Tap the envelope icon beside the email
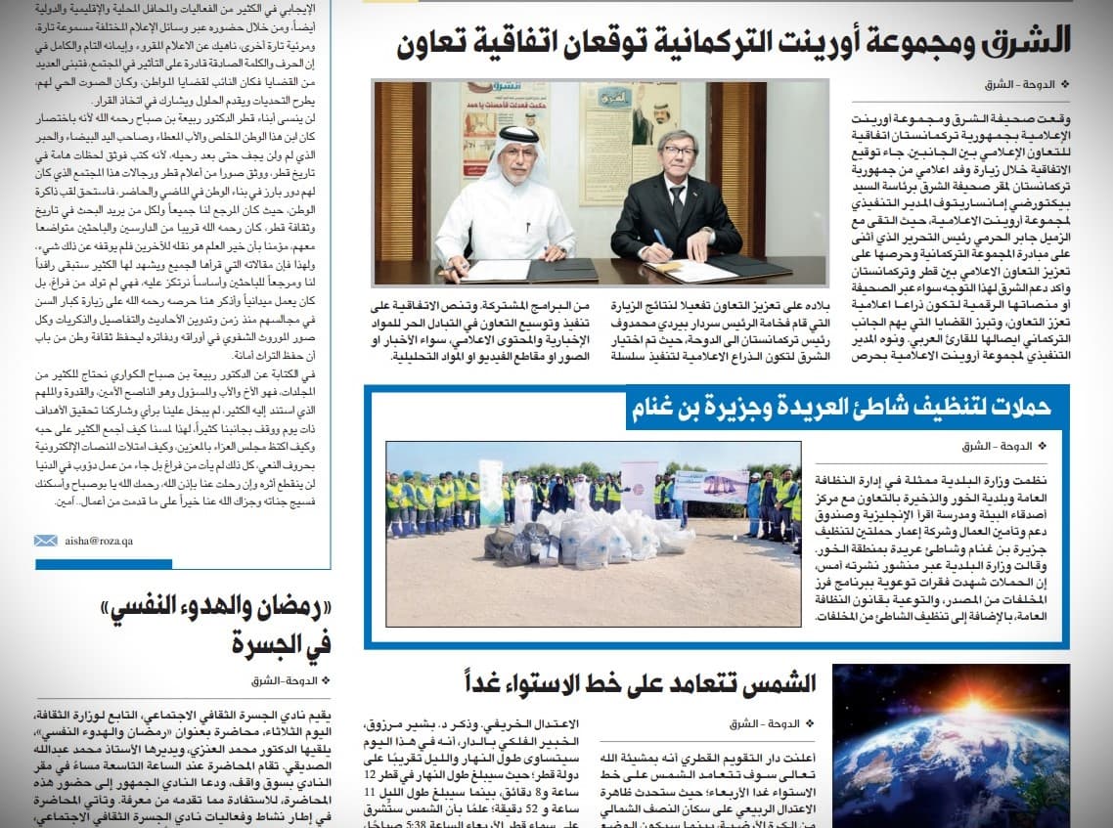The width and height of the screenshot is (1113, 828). coord(45,541)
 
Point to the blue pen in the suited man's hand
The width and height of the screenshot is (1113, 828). coord(658,240)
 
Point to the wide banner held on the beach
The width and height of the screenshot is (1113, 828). coord(711,486)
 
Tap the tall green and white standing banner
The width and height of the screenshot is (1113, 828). coord(491,493)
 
